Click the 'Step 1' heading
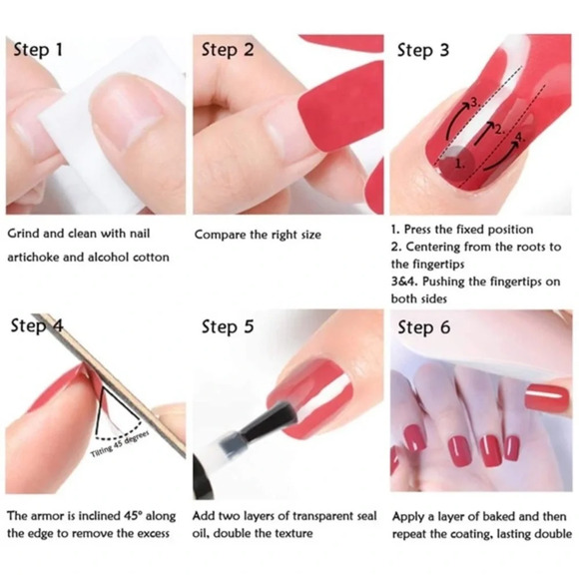pyautogui.click(x=38, y=50)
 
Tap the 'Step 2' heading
pyautogui.click(x=228, y=50)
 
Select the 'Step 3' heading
pyautogui.click(x=423, y=51)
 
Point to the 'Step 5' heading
pyautogui.click(x=228, y=327)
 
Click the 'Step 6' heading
pyautogui.click(x=424, y=327)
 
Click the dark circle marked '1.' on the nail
pyautogui.click(x=455, y=163)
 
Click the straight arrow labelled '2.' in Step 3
pyautogui.click(x=484, y=132)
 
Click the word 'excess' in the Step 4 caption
pyautogui.click(x=154, y=534)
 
